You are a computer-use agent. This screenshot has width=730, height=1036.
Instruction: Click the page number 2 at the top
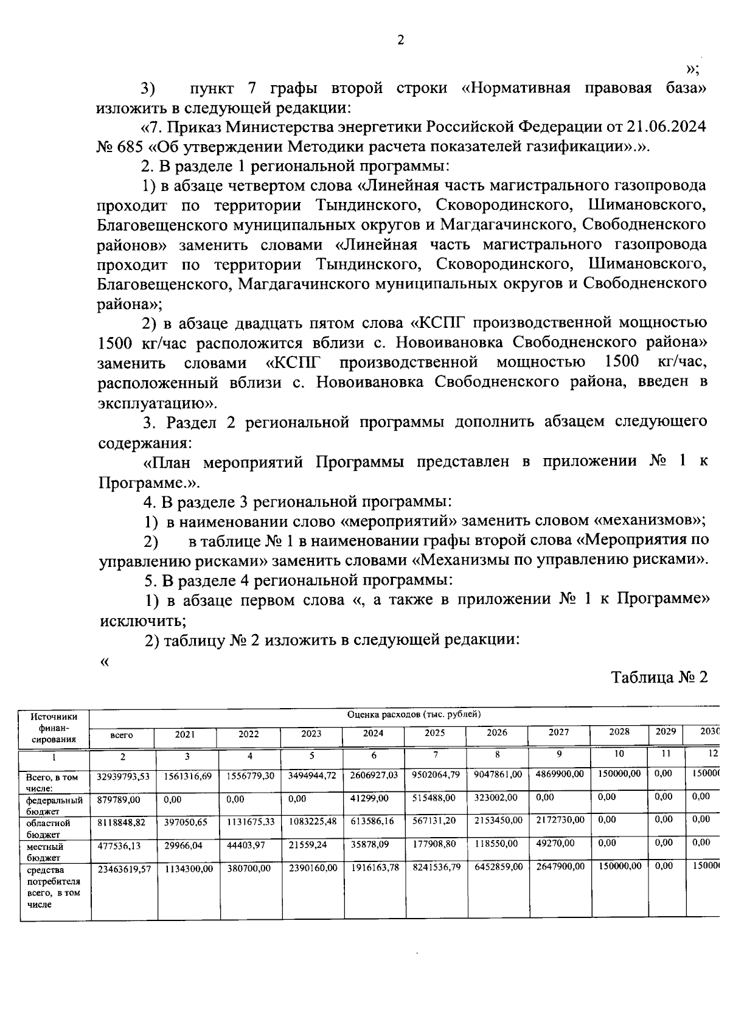[400, 41]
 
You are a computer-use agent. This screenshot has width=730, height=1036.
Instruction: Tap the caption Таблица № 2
[659, 678]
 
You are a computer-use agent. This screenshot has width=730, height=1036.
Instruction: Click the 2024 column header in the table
[373, 734]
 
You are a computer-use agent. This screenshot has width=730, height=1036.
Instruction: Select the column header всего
[122, 735]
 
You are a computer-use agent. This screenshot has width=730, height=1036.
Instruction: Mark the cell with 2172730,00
[560, 821]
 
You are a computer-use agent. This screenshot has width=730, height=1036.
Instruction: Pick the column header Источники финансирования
[54, 728]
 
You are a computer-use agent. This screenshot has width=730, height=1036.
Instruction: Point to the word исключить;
[142, 622]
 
